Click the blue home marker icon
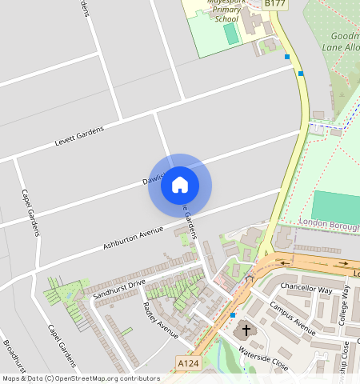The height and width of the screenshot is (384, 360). (180, 185)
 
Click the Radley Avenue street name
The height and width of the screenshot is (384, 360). (160, 318)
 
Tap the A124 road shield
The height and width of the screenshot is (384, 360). (187, 363)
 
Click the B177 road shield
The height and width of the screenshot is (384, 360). (274, 4)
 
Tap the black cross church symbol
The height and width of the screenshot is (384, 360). (246, 329)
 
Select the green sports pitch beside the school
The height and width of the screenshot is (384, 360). (231, 34)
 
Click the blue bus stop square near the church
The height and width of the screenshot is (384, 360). (232, 315)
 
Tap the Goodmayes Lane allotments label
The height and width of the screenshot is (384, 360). (344, 42)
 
